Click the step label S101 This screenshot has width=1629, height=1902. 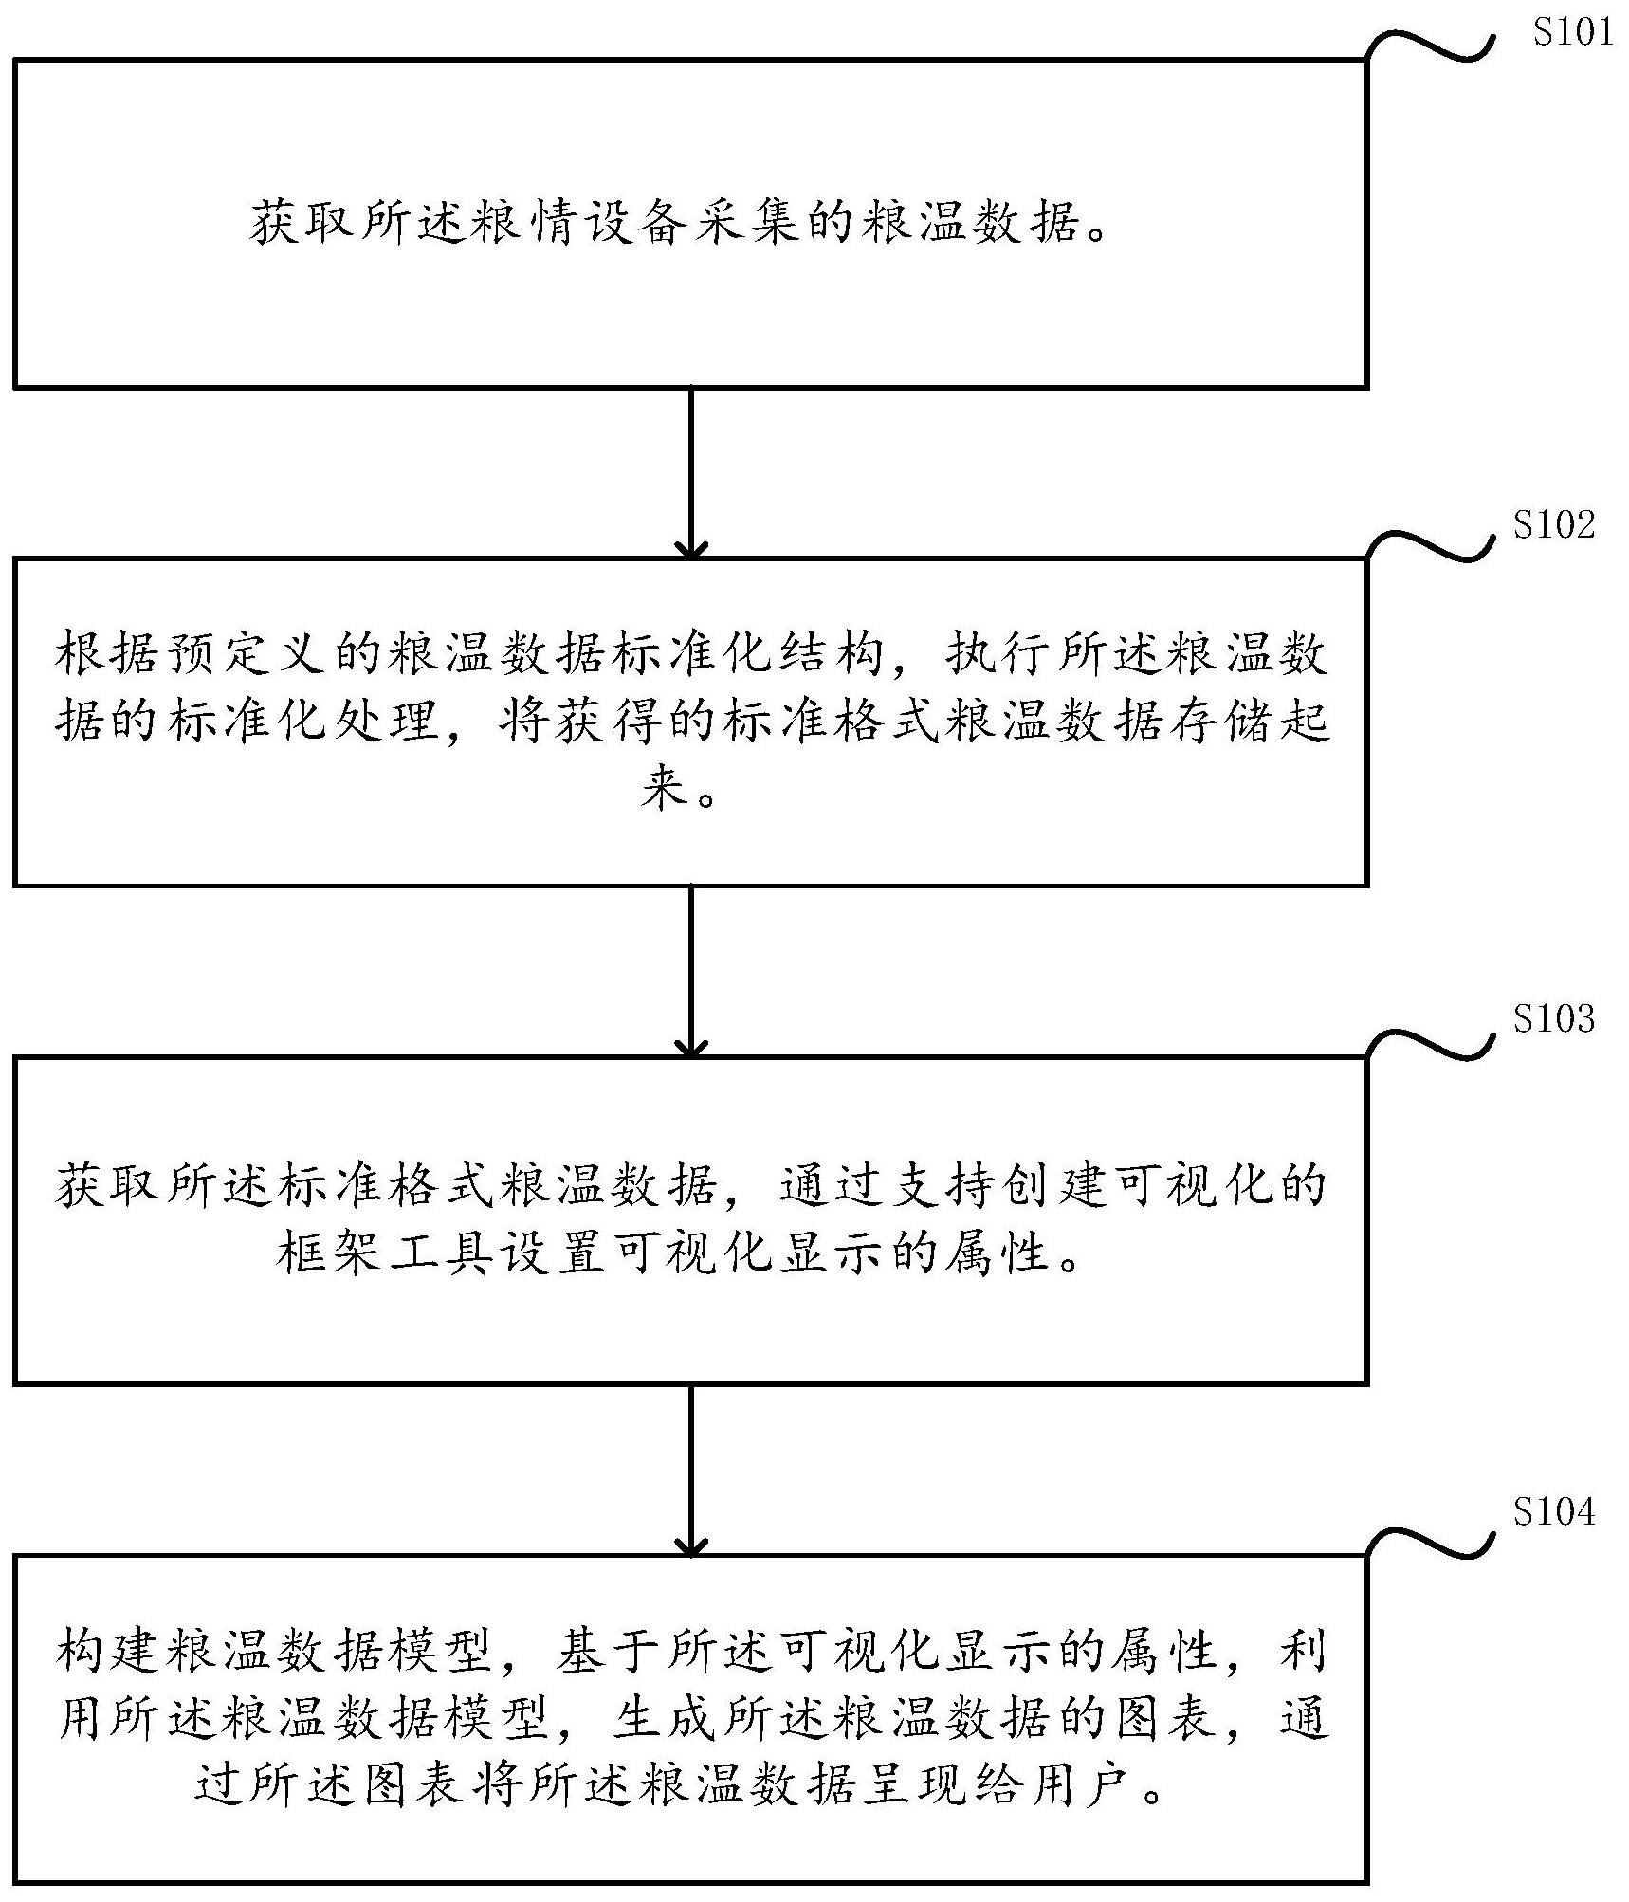pyautogui.click(x=1572, y=32)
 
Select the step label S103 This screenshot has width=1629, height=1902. pyautogui.click(x=1553, y=1018)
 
